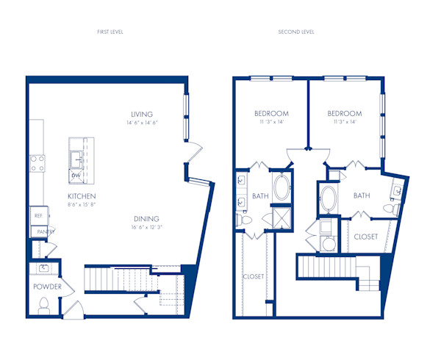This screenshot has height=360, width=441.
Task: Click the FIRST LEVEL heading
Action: click(x=112, y=32)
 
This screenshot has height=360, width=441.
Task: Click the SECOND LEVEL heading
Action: click(x=296, y=32)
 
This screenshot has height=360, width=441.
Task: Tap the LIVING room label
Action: click(x=141, y=114)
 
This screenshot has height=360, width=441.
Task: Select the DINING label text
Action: click(x=148, y=219)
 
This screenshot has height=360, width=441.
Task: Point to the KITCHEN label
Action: click(x=82, y=196)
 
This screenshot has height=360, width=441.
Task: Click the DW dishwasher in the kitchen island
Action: click(x=76, y=176)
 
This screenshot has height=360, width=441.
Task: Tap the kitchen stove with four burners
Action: click(x=37, y=162)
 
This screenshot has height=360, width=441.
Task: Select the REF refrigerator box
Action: click(x=37, y=216)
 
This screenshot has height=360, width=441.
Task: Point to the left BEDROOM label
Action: click(x=271, y=113)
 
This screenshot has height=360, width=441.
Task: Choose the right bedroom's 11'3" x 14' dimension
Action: click(x=345, y=122)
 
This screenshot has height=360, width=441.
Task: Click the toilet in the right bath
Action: click(x=395, y=209)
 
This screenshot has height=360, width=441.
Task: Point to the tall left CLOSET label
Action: click(x=254, y=276)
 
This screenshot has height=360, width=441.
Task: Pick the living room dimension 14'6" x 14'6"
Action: click(x=141, y=123)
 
